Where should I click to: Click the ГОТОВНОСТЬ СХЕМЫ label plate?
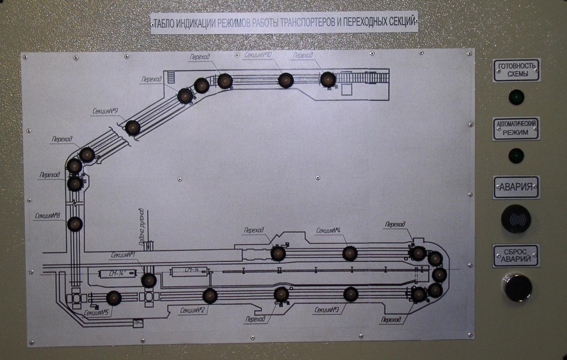(516, 70)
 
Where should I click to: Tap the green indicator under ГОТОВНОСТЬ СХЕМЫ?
(516, 97)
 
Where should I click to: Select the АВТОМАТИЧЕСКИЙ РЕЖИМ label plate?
(516, 129)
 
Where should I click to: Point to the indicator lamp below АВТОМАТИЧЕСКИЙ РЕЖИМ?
(516, 155)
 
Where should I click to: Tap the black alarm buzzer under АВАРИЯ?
(516, 218)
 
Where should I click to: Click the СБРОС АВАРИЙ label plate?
(516, 256)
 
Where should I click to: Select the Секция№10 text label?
(258, 55)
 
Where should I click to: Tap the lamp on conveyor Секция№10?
(286, 80)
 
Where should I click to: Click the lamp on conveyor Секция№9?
(133, 128)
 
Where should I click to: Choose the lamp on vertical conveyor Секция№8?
(75, 224)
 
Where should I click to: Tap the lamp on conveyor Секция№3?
(350, 294)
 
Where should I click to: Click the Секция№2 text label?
(193, 310)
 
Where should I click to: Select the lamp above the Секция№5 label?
(113, 298)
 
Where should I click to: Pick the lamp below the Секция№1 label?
(149, 280)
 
